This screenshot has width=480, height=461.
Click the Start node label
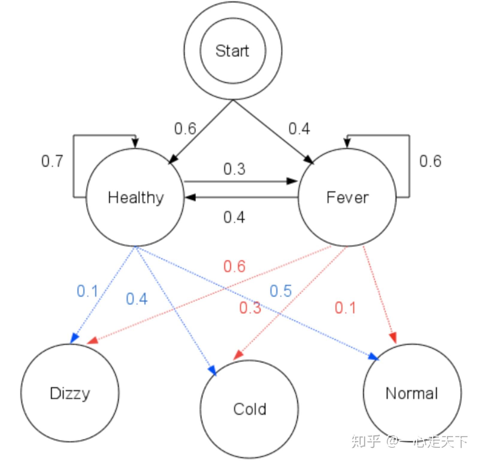232,51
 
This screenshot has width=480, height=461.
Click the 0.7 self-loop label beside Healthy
52,161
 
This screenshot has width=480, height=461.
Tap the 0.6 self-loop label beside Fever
430,161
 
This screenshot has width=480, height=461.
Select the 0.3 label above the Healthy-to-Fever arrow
234,169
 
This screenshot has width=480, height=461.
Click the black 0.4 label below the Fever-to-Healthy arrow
234,217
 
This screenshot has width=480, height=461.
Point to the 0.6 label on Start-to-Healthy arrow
185,129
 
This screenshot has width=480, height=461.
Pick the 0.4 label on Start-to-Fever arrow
299,129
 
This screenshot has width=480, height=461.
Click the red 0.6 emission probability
235,266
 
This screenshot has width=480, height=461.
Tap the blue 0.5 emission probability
281,291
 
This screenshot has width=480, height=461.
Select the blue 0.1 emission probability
87,291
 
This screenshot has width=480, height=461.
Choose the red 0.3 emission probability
250,308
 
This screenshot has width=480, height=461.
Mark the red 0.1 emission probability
345,308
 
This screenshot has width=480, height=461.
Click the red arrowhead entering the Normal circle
393,338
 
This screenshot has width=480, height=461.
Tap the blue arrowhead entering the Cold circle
212,370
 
